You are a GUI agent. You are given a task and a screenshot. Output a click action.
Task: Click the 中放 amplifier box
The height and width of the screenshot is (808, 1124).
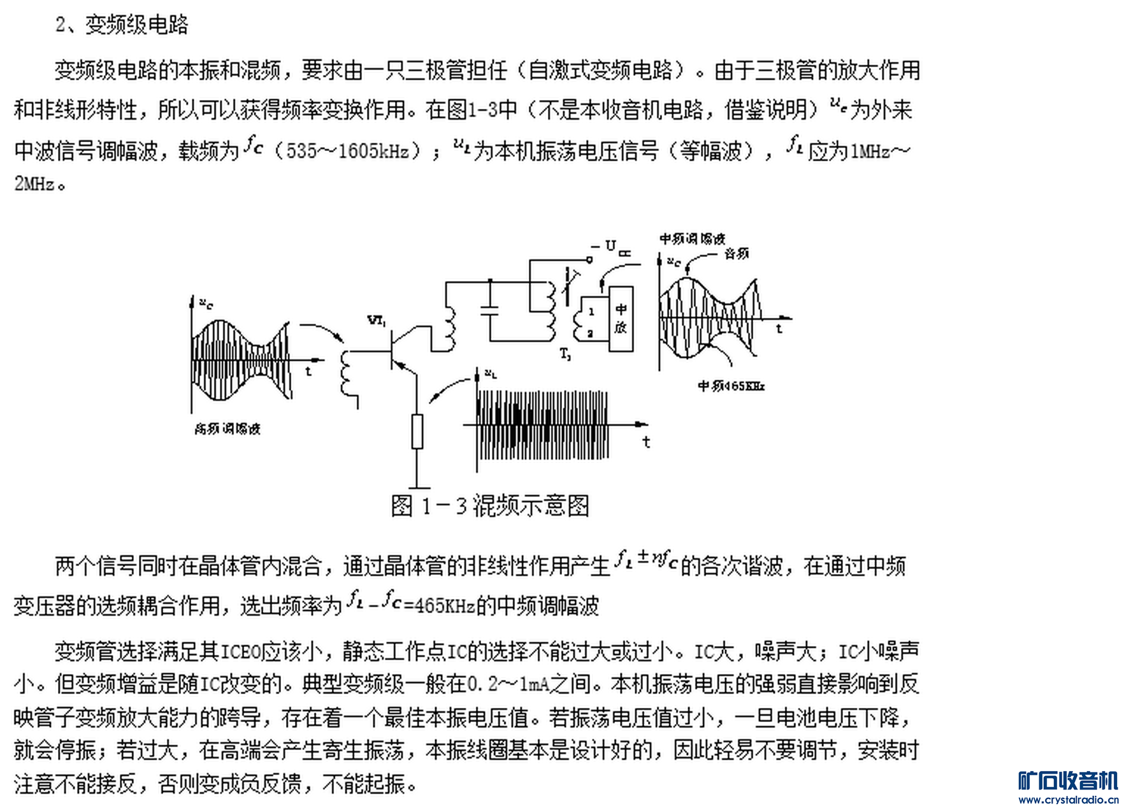point(621,319)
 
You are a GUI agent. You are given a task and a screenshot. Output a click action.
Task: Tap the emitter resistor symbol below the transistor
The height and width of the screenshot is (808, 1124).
point(417,431)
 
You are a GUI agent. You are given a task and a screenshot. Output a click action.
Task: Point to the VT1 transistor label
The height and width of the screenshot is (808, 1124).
point(377,321)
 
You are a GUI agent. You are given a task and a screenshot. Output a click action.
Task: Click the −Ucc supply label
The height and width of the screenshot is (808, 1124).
point(611,248)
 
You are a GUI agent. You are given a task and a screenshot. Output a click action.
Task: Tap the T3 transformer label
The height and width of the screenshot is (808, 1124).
point(565,354)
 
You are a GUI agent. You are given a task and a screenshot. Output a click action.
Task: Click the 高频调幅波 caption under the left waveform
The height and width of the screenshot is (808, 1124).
point(227,429)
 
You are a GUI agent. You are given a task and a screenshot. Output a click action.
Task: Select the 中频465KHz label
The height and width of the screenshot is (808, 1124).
point(731,386)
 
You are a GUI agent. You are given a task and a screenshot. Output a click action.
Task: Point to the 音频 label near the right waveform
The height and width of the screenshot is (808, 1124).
point(737,254)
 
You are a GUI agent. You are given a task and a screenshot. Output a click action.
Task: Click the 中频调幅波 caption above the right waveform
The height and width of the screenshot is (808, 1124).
point(692,239)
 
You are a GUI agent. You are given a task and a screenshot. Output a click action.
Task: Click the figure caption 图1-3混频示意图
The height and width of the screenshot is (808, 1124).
point(489,506)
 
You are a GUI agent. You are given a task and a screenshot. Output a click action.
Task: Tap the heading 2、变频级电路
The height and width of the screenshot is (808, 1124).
point(122,25)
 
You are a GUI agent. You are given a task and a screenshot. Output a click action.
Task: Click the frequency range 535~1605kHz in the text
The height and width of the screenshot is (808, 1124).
point(348,151)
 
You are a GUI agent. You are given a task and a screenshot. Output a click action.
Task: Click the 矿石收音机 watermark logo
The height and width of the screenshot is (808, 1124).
point(1068,781)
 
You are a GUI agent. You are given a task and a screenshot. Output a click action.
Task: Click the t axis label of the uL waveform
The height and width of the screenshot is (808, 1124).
point(646,442)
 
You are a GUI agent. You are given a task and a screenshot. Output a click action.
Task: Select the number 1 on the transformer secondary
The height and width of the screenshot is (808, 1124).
point(591,312)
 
